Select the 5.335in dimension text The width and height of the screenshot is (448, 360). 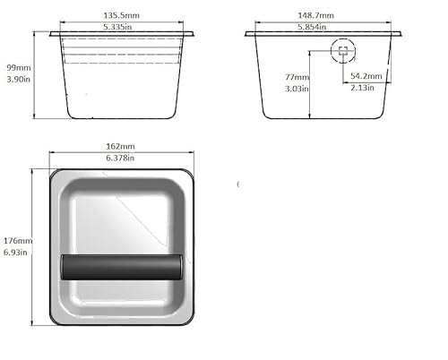[122, 28]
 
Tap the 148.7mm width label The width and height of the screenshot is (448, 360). [315, 15]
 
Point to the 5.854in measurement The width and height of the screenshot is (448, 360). [315, 28]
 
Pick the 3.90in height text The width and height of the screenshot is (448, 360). [17, 80]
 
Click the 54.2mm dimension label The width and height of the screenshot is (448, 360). [366, 77]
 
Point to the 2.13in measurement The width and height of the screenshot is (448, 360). [362, 89]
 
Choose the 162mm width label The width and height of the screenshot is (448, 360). [120, 146]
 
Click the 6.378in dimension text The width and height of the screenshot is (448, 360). [120, 158]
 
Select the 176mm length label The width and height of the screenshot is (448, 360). [18, 241]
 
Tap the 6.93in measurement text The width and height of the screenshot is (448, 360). [18, 253]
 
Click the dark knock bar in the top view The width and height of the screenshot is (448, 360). [120, 267]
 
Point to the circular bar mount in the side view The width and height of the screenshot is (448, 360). [342, 50]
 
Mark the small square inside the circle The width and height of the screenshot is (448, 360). [342, 50]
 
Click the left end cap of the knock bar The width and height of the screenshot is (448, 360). [64, 267]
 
